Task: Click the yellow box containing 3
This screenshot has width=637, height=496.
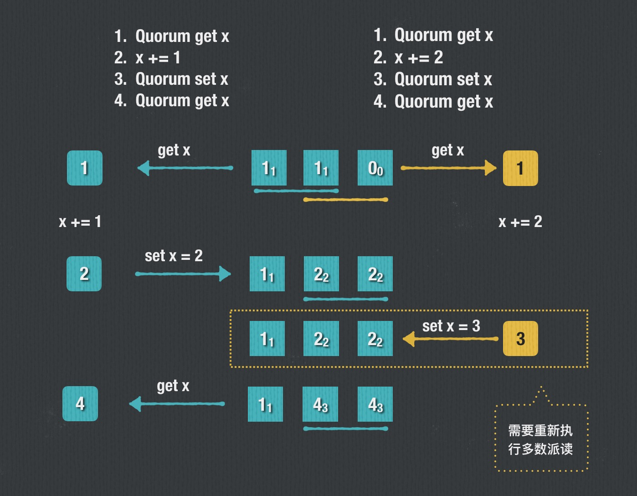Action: click(520, 339)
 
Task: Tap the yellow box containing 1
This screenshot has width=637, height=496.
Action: click(520, 168)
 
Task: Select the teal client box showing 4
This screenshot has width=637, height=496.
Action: click(80, 403)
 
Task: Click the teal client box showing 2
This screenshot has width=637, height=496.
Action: click(84, 274)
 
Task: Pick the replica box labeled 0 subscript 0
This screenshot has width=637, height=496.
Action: click(375, 168)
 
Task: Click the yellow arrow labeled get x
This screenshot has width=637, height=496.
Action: click(448, 168)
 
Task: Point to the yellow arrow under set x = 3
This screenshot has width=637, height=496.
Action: click(451, 339)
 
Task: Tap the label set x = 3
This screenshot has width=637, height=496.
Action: click(451, 326)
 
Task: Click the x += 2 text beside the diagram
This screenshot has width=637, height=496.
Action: click(520, 222)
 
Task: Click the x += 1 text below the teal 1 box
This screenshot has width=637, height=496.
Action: click(80, 222)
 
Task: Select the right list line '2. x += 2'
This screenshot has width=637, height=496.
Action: click(408, 57)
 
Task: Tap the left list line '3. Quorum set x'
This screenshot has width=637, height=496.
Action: click(171, 79)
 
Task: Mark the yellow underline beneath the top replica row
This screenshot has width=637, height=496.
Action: click(345, 200)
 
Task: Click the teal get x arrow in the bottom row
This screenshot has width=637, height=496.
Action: click(177, 403)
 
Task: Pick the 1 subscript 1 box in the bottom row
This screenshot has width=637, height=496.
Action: click(266, 404)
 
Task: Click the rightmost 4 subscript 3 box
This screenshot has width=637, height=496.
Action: click(375, 404)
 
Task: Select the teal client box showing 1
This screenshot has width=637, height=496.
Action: click(85, 168)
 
